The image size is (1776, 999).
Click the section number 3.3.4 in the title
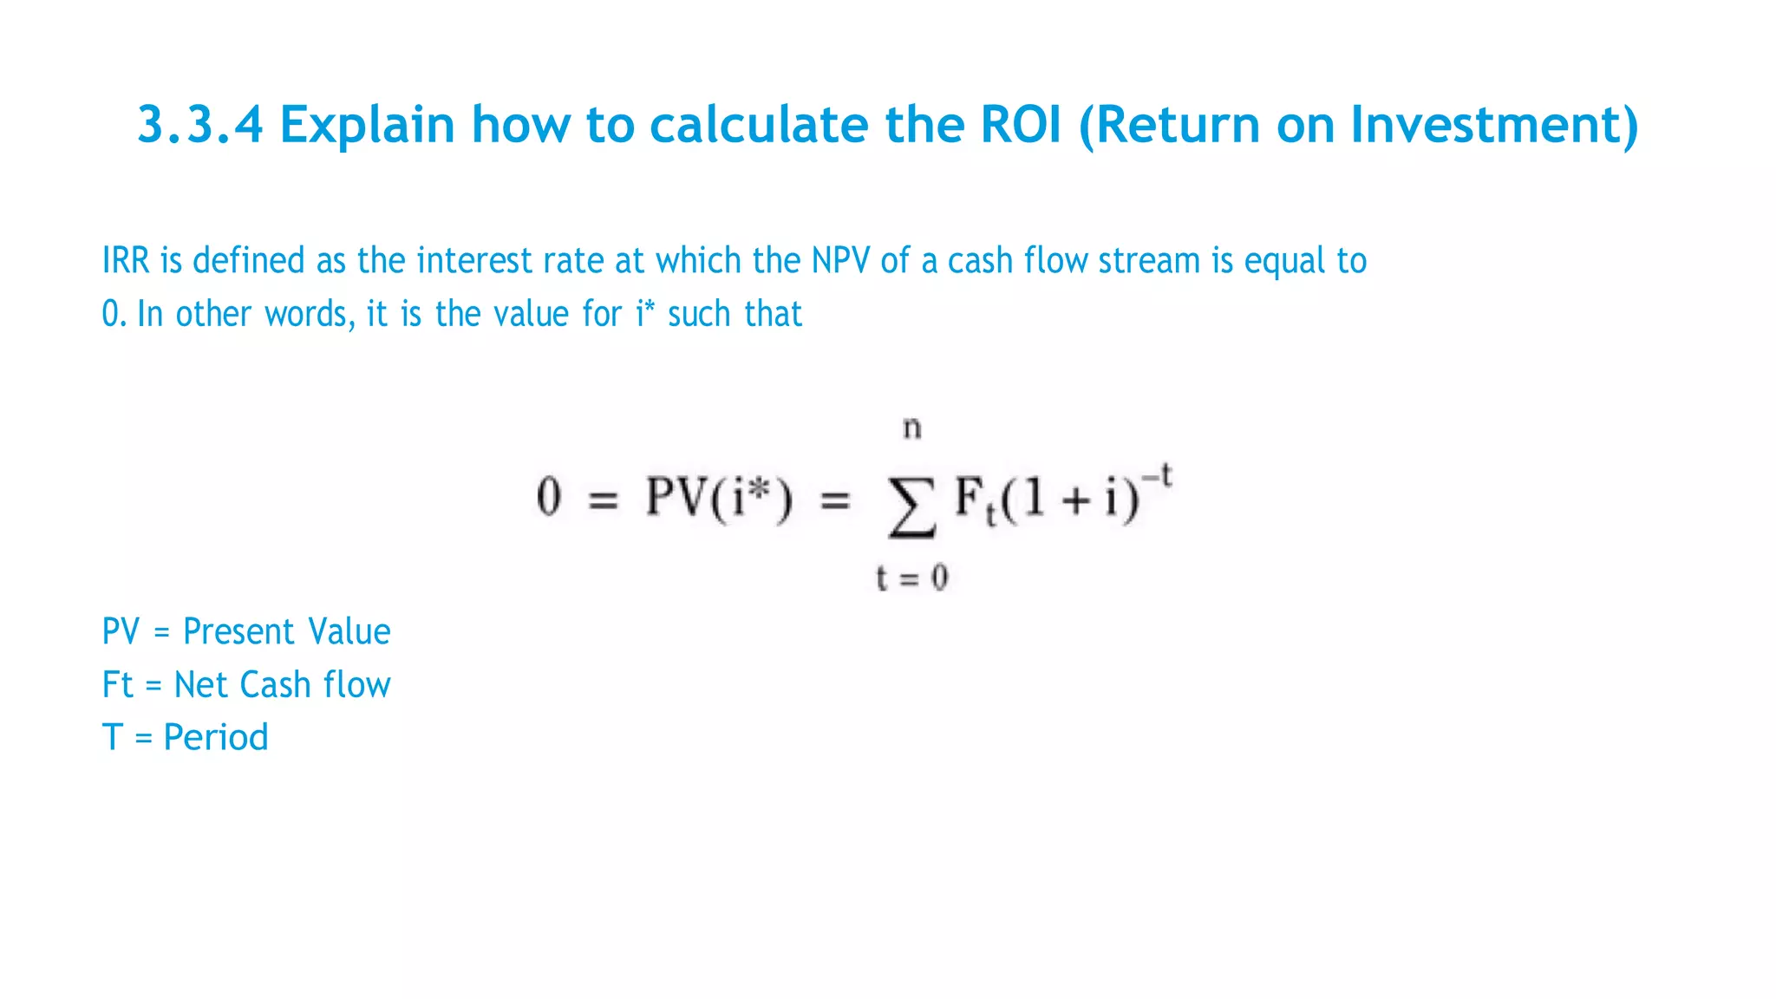pyautogui.click(x=199, y=125)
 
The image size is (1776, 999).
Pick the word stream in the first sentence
pyautogui.click(x=1149, y=261)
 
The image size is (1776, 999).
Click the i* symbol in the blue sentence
pyautogui.click(x=645, y=313)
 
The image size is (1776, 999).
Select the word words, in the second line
pyautogui.click(x=310, y=314)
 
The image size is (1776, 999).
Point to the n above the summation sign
pyautogui.click(x=911, y=428)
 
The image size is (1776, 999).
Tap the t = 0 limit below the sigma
pyautogui.click(x=911, y=578)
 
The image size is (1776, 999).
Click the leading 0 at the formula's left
pyautogui.click(x=549, y=498)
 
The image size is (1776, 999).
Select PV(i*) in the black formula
pyautogui.click(x=718, y=499)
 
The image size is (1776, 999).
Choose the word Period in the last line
pyautogui.click(x=216, y=738)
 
